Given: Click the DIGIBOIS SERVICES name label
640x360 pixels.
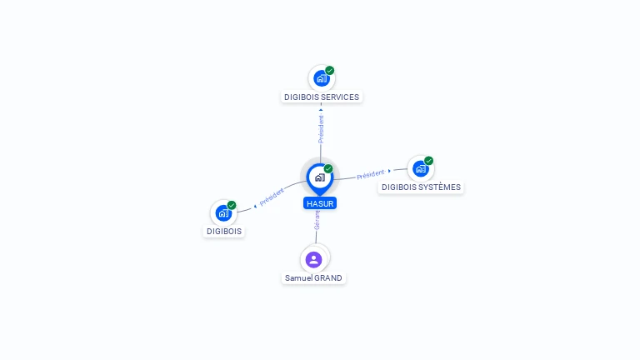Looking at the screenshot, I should pyautogui.click(x=321, y=97).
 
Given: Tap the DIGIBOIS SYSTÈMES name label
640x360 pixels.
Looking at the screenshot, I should pyautogui.click(x=420, y=187).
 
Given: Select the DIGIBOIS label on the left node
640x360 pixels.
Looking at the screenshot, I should pyautogui.click(x=224, y=231).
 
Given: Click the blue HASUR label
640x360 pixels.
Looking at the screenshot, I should pyautogui.click(x=320, y=202).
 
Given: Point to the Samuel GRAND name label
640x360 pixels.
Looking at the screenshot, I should pyautogui.click(x=313, y=277).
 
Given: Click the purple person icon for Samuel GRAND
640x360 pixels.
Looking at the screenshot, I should pyautogui.click(x=313, y=259).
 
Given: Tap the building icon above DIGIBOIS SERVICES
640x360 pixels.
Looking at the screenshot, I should pyautogui.click(x=321, y=79).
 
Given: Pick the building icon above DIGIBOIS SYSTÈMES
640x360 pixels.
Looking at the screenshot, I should pyautogui.click(x=420, y=168).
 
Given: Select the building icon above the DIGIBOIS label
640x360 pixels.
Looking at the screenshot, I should pyautogui.click(x=223, y=212).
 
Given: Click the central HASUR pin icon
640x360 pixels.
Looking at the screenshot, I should pyautogui.click(x=319, y=177).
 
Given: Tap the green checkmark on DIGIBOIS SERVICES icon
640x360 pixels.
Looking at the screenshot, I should pyautogui.click(x=330, y=71).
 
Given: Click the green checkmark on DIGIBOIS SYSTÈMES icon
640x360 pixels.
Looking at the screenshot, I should pyautogui.click(x=429, y=160).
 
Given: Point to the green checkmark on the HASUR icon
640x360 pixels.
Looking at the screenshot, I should pyautogui.click(x=328, y=169).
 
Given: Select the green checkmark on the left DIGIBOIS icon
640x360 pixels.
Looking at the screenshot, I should pyautogui.click(x=232, y=205).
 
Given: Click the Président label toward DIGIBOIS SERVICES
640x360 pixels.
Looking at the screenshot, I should pyautogui.click(x=321, y=129).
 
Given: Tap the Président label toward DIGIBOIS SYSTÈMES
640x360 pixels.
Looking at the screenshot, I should pyautogui.click(x=370, y=175).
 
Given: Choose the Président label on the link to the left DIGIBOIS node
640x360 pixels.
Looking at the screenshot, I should pyautogui.click(x=272, y=197).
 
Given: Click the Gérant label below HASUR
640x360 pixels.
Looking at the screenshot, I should pyautogui.click(x=317, y=219).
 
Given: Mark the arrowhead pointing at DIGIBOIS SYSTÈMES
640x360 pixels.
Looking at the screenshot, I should pyautogui.click(x=389, y=171).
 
